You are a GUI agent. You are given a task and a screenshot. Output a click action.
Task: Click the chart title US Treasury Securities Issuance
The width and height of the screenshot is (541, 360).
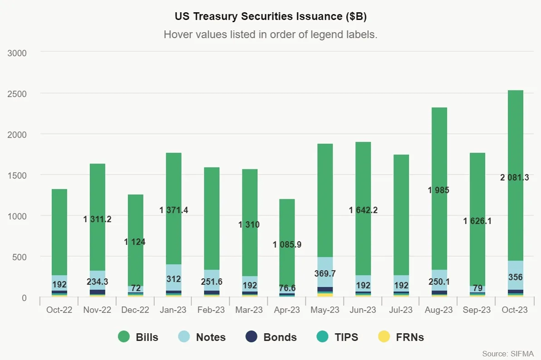coord(270,17)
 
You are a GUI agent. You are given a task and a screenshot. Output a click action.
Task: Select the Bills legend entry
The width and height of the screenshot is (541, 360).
coord(138,337)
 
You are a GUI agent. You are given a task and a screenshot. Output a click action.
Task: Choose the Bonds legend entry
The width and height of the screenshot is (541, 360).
coord(270,337)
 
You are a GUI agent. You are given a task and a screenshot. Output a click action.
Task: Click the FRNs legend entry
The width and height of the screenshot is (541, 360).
coord(401,337)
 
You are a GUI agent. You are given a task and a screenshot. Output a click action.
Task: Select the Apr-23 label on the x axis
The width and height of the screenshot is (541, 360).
coord(287,310)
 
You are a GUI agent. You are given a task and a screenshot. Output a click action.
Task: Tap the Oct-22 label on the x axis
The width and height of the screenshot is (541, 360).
coord(59,310)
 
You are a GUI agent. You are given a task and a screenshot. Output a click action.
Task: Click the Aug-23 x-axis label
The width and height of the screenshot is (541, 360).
coord(438,310)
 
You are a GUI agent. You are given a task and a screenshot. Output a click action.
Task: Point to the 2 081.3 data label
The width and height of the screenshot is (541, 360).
coord(515,178)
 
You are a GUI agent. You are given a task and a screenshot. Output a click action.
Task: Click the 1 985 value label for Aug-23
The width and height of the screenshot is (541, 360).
coord(438,190)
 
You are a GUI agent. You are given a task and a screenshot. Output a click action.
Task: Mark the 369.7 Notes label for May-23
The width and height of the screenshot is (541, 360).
coord(325,274)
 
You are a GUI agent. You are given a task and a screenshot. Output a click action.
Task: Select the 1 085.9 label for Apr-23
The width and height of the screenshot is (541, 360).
coord(287,245)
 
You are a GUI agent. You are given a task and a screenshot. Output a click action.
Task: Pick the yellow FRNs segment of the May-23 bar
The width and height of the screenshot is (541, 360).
coord(325,295)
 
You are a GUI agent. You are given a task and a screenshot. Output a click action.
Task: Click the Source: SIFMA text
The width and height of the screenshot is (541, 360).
coord(508,353)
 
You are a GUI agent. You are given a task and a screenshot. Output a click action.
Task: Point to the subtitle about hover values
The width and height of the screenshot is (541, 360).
coord(270,35)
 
